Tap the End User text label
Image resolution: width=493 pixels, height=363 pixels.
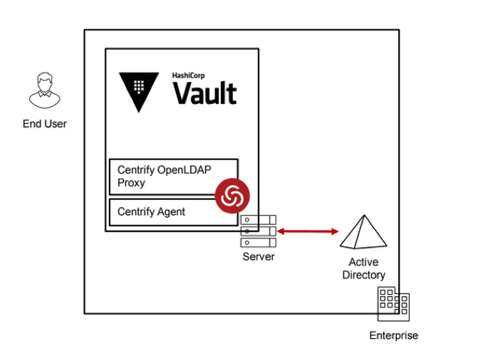pyautogui.click(x=44, y=124)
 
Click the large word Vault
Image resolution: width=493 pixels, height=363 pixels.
pyautogui.click(x=205, y=93)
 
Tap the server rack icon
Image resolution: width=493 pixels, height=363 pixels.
pyautogui.click(x=258, y=231)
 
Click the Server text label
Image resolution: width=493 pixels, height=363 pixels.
pyautogui.click(x=258, y=256)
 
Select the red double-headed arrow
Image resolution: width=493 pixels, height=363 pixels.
pyautogui.click(x=308, y=231)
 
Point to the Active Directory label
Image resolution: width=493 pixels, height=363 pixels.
pyautogui.click(x=363, y=268)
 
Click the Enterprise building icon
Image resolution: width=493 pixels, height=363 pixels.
pyautogui.click(x=393, y=305)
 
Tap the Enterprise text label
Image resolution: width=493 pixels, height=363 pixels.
pyautogui.click(x=393, y=335)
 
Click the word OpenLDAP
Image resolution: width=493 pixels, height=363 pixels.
pyautogui.click(x=191, y=171)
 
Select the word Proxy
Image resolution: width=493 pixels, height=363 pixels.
pyautogui.click(x=131, y=183)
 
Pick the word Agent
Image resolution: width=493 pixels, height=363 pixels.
pyautogui.click(x=171, y=212)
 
